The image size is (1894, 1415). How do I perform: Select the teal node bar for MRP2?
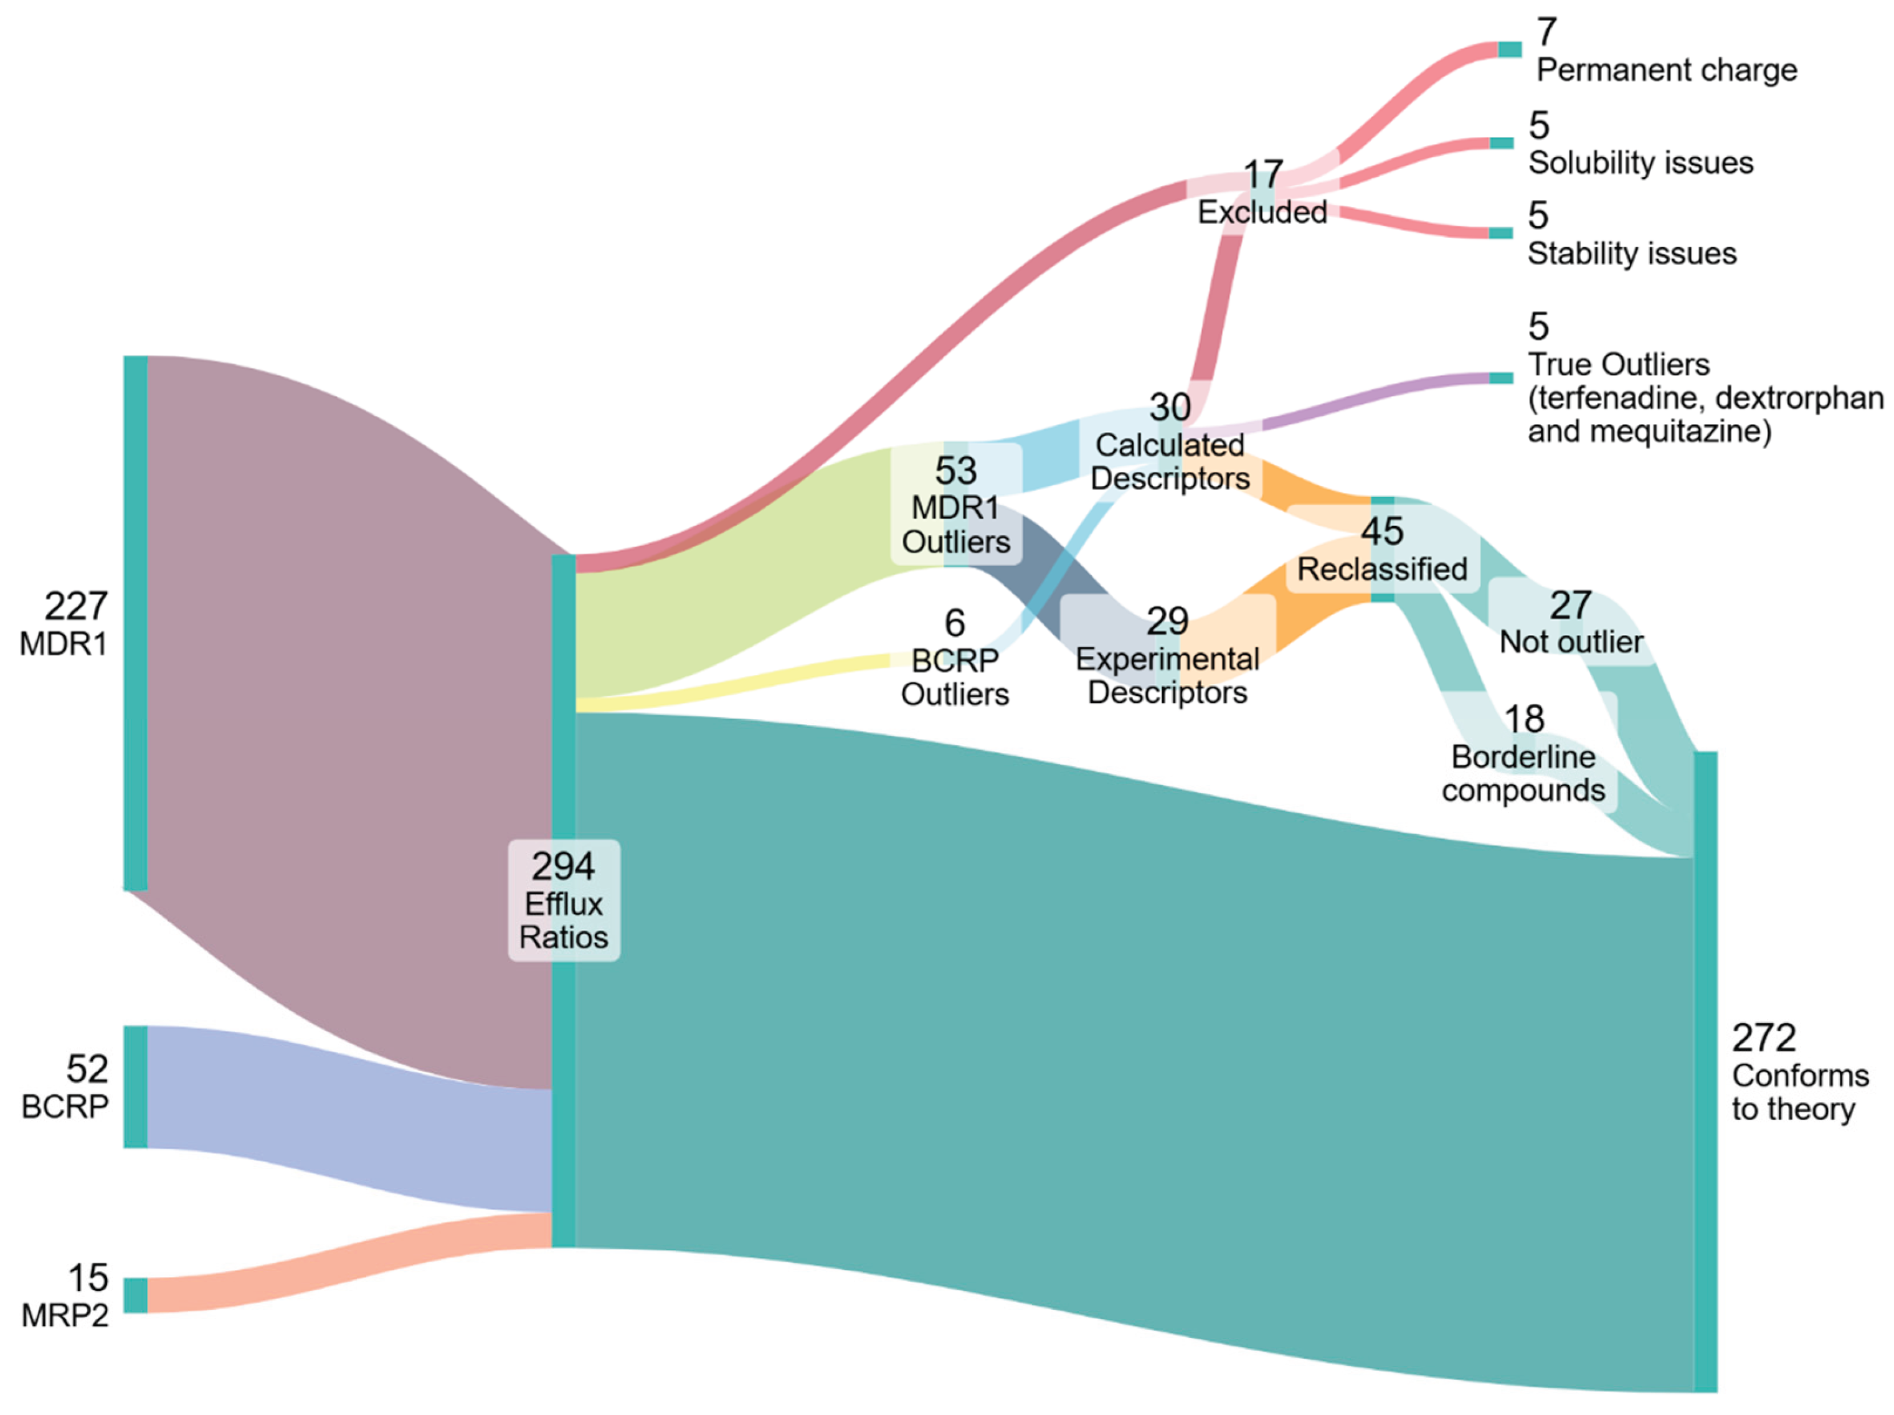[135, 1294]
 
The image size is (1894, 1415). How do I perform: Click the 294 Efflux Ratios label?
[564, 901]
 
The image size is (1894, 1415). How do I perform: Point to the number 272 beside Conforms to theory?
[1763, 1038]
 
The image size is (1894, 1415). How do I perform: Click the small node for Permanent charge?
[1510, 50]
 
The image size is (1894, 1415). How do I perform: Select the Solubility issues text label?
[1641, 162]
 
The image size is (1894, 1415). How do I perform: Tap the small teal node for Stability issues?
[1501, 233]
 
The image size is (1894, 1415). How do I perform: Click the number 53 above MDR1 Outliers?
[955, 471]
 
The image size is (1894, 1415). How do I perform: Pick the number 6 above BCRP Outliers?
[955, 623]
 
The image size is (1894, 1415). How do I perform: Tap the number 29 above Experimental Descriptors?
[1168, 621]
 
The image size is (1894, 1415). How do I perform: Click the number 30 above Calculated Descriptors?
[1170, 407]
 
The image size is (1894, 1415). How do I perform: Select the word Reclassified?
[1382, 568]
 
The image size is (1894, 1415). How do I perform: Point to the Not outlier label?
[1571, 642]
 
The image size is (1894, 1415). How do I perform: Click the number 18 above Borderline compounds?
[1524, 719]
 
